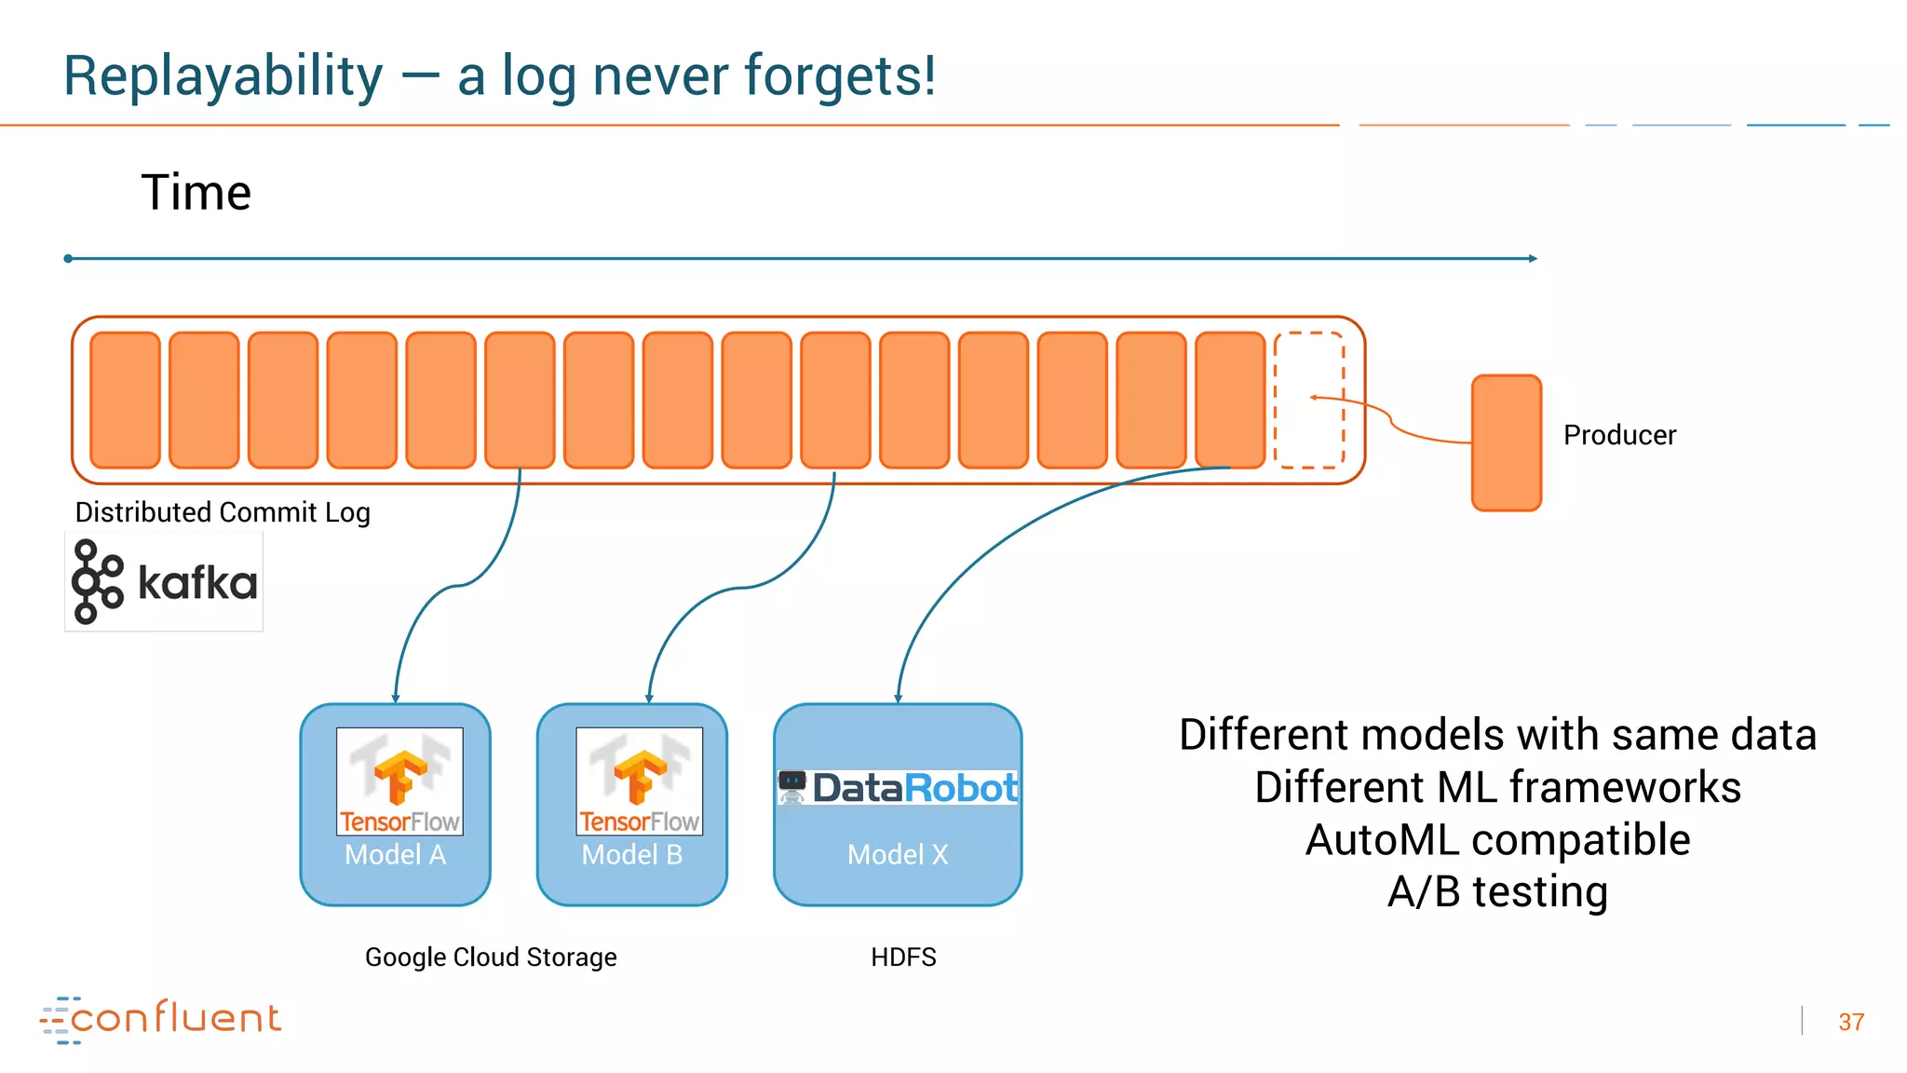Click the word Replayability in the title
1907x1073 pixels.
click(223, 76)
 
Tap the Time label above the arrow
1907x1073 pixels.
click(196, 193)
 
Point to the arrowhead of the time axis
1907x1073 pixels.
click(1532, 258)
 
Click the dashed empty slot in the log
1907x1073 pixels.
click(1308, 401)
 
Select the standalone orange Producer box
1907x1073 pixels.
click(1506, 442)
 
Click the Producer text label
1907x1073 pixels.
click(1619, 435)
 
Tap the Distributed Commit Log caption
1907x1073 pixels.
click(223, 512)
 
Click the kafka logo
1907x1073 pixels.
click(165, 582)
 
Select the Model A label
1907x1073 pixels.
click(395, 854)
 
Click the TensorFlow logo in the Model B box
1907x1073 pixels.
click(639, 781)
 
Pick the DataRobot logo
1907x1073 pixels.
click(899, 788)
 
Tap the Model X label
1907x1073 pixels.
click(898, 854)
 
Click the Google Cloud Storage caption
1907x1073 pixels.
click(491, 957)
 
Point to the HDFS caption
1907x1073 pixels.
click(903, 957)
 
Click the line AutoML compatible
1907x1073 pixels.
click(1497, 839)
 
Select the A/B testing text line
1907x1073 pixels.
click(1497, 891)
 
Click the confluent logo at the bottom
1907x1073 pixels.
click(161, 1019)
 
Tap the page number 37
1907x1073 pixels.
click(1851, 1022)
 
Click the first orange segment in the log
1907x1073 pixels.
click(125, 400)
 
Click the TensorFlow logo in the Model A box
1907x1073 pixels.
click(399, 781)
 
